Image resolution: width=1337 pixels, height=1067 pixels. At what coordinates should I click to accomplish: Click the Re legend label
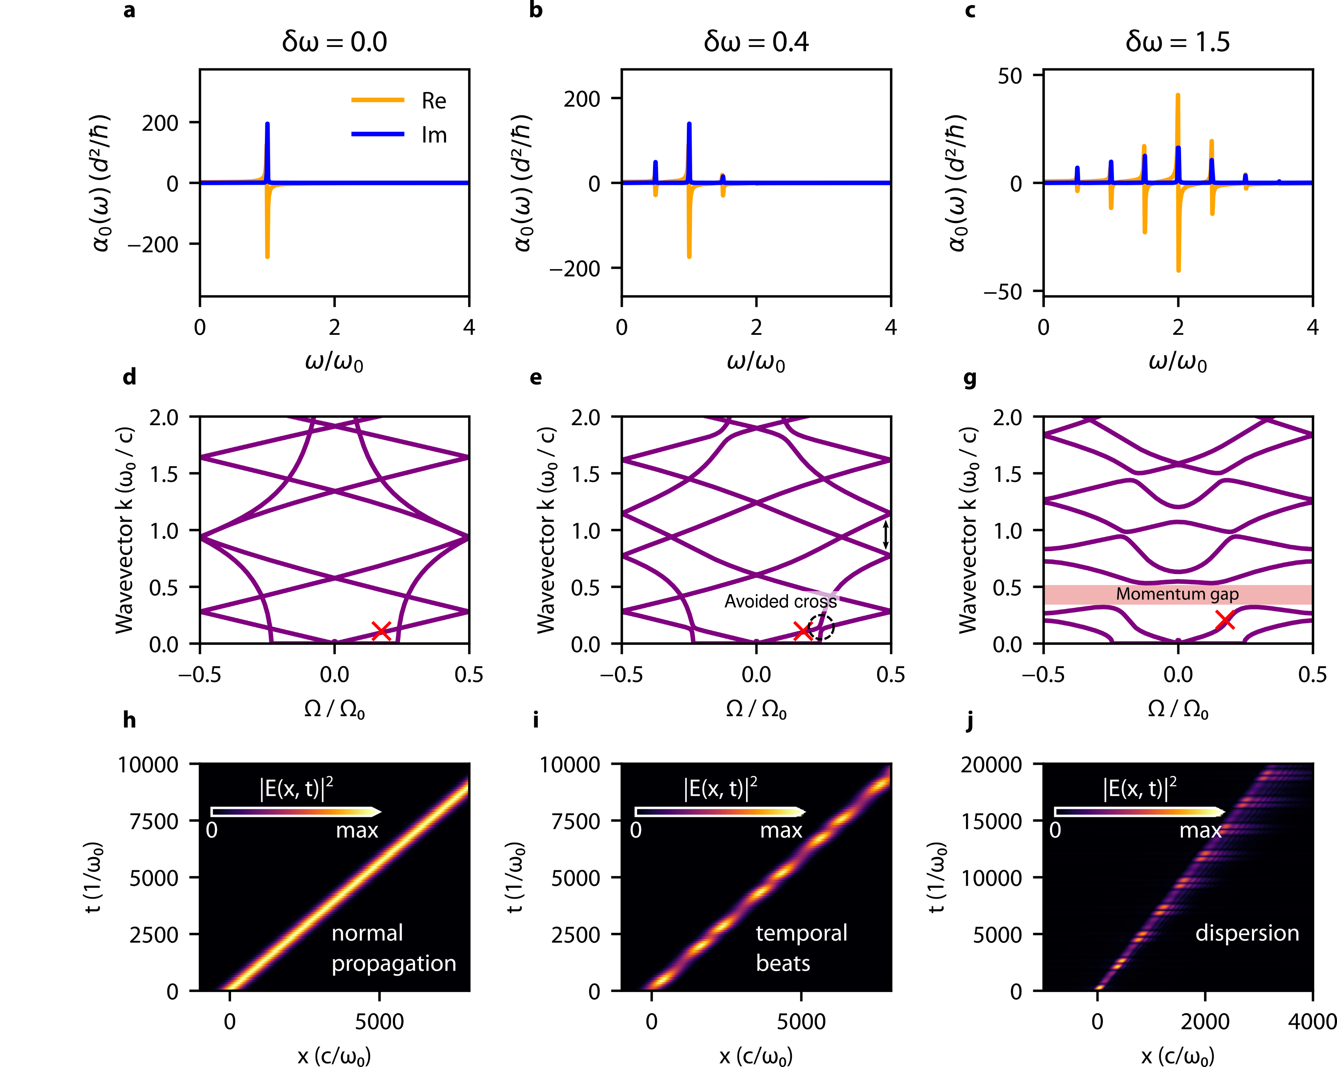(434, 100)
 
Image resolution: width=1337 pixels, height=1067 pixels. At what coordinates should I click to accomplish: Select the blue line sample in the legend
(378, 134)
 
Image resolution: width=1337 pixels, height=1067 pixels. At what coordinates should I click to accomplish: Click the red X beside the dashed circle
(802, 631)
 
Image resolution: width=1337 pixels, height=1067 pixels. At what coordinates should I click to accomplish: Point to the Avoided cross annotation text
(780, 601)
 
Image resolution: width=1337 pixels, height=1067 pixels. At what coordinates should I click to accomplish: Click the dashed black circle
(822, 627)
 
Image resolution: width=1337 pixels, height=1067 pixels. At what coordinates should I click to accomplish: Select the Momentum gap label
(1177, 594)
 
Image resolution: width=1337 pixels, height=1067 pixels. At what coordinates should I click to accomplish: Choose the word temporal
(801, 933)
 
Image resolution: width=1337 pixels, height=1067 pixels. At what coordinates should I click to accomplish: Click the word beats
(782, 963)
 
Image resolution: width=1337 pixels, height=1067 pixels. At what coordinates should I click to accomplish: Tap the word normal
(367, 933)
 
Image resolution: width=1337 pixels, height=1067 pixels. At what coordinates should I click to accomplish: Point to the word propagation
(394, 963)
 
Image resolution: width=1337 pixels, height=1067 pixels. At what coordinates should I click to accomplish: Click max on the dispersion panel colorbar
(1200, 830)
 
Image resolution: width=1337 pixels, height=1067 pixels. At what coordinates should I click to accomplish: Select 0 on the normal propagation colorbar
(212, 830)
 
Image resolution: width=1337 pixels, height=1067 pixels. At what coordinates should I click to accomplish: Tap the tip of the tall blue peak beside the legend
(267, 124)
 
